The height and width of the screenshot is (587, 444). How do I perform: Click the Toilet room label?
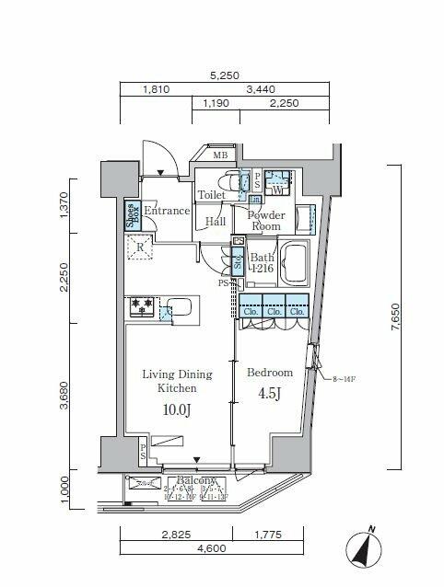point(211,195)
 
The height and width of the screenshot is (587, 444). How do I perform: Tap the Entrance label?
point(166,211)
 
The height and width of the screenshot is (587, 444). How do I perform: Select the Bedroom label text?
point(269,373)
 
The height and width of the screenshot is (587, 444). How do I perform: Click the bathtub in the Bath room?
point(297,265)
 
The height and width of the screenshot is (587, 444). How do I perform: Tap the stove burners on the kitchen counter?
point(142,306)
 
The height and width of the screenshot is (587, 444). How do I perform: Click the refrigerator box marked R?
point(140,247)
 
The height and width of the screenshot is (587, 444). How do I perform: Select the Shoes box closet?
point(132,214)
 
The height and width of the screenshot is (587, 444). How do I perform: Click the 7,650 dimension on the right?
point(396,317)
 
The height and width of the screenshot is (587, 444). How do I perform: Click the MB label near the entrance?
point(220,155)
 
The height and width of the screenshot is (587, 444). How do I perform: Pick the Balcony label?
point(195,481)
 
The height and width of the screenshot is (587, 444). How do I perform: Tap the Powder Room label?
point(266,220)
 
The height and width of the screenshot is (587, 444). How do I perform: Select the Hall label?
point(216,221)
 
